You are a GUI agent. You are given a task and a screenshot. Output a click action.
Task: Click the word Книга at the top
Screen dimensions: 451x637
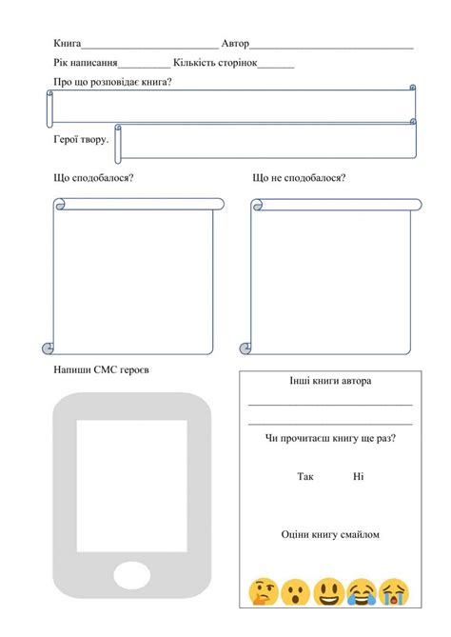(68, 44)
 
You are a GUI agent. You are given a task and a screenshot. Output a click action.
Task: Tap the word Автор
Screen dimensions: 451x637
(234, 44)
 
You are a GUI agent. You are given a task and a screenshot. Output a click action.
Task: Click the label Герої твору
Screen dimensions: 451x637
(81, 140)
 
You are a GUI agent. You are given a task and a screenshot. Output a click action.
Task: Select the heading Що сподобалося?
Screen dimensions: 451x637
(93, 178)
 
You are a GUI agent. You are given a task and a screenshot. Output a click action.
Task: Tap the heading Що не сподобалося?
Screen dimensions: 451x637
(299, 178)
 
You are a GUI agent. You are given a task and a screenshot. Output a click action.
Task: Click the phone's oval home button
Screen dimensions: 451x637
(131, 575)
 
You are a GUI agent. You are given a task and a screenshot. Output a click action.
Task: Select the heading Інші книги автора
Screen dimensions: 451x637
(330, 381)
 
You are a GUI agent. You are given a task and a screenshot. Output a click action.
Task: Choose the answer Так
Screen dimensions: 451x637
(304, 476)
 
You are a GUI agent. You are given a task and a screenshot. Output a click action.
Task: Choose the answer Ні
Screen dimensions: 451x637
(358, 476)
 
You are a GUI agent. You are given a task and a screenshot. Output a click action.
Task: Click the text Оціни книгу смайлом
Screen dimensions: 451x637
(330, 535)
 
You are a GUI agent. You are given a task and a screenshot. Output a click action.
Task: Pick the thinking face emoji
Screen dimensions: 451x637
(263, 592)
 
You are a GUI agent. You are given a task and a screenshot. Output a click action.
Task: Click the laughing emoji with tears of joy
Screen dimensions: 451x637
(361, 592)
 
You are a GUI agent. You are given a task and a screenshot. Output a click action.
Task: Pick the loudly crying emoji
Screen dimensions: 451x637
(393, 592)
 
